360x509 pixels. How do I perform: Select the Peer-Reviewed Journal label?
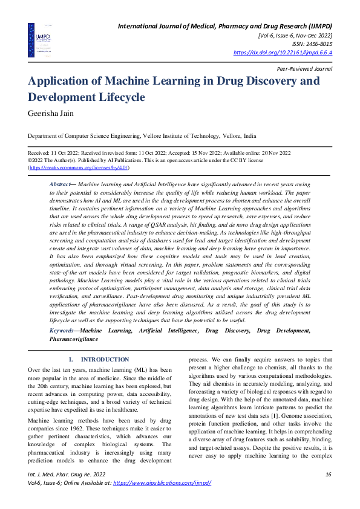(x=305, y=70)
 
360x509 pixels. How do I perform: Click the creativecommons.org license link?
(x=78, y=167)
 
